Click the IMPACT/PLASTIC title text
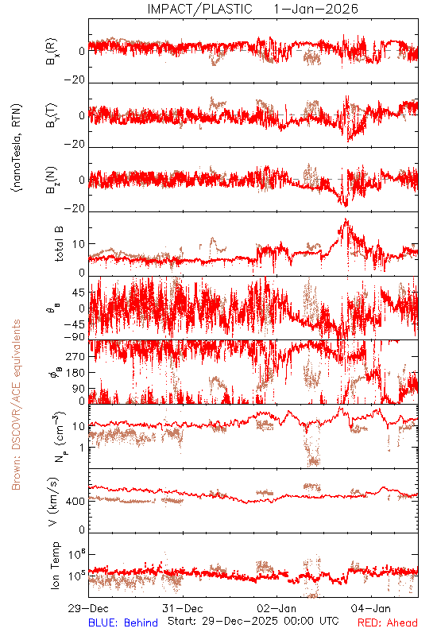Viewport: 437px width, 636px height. [200, 9]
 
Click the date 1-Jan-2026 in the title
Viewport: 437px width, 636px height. [315, 9]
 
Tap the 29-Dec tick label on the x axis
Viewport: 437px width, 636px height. [88, 608]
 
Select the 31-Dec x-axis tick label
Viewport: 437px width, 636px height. [183, 608]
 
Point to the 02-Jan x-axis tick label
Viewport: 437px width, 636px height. [277, 608]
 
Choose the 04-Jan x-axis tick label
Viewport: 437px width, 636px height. [371, 608]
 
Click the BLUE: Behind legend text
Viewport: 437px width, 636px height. [123, 622]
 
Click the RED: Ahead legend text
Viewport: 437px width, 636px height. [388, 622]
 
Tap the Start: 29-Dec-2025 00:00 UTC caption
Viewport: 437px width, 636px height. [253, 621]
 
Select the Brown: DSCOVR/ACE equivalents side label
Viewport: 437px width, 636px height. [16, 405]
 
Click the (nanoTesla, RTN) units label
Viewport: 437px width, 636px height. [17, 148]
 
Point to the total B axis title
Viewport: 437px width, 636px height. [59, 244]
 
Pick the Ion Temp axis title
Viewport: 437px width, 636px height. [55, 565]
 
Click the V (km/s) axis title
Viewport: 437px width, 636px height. [53, 502]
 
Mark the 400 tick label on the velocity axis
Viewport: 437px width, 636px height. [75, 502]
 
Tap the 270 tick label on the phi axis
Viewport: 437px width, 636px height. [75, 356]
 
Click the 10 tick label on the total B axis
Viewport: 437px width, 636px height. [79, 244]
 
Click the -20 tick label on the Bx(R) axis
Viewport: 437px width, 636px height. [75, 80]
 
